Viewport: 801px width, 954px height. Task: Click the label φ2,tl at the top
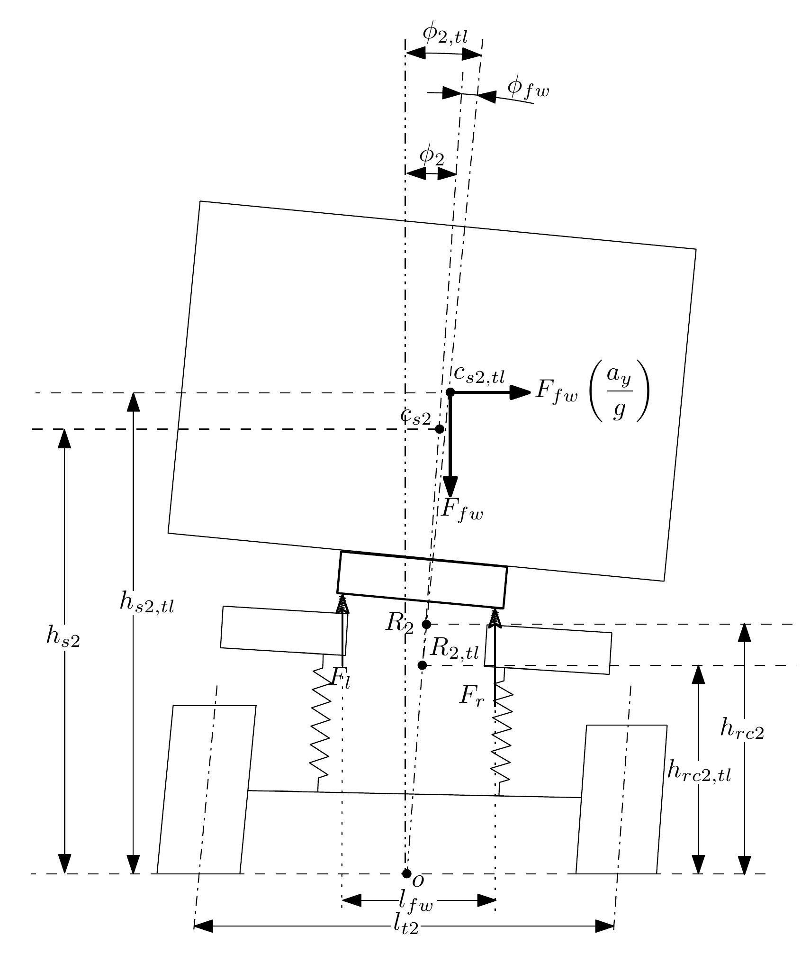[x=445, y=36]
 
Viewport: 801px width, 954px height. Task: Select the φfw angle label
[x=528, y=89]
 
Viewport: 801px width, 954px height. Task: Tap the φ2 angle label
[x=432, y=156]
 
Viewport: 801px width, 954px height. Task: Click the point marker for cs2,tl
[x=450, y=392]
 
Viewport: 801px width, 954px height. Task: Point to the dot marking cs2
[x=440, y=429]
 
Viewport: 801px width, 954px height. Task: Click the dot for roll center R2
[x=426, y=624]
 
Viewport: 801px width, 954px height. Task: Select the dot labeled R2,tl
[x=422, y=665]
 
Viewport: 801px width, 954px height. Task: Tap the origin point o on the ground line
[x=406, y=873]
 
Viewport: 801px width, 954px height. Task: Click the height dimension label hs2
[x=63, y=638]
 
